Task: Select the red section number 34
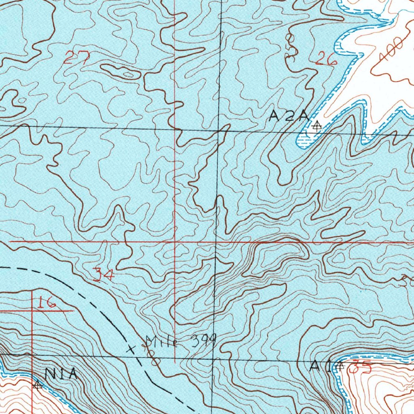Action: (x=103, y=275)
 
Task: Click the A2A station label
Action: (x=289, y=117)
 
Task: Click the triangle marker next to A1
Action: (x=340, y=366)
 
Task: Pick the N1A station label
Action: (x=61, y=374)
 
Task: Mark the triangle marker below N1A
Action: (x=38, y=386)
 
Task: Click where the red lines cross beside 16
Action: (x=33, y=311)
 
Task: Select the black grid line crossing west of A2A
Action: (x=219, y=130)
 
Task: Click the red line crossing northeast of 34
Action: (x=175, y=242)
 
